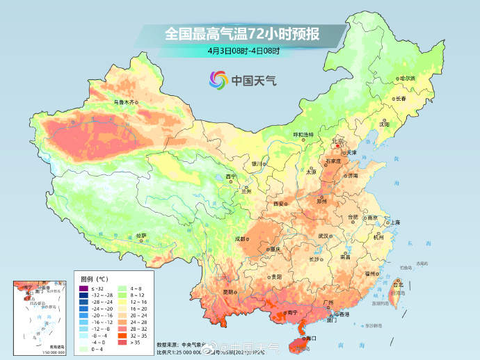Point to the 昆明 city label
click(x=229, y=292)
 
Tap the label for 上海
click(x=394, y=222)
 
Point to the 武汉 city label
click(x=323, y=236)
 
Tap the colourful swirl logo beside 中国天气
click(x=218, y=81)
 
